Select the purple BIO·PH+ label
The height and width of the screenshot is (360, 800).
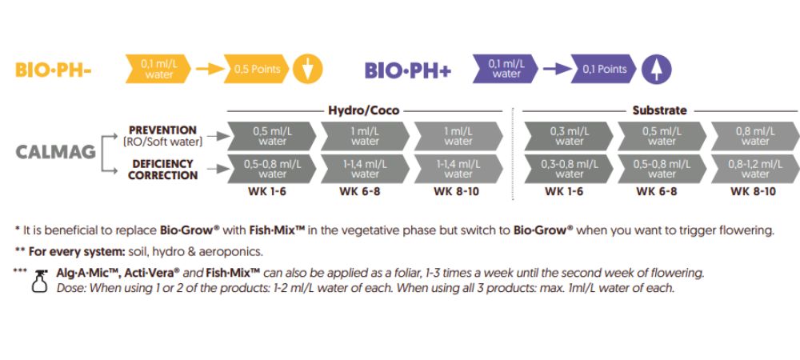click(x=408, y=70)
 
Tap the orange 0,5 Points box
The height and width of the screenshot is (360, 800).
click(x=256, y=70)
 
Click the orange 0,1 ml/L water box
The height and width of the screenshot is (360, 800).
click(x=158, y=70)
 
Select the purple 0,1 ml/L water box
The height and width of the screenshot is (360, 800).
click(x=506, y=70)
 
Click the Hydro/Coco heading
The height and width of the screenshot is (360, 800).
click(x=363, y=110)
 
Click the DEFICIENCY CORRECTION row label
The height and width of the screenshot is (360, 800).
click(x=162, y=169)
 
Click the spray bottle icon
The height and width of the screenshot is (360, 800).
click(x=36, y=280)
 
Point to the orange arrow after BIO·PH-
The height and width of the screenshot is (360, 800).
click(x=207, y=70)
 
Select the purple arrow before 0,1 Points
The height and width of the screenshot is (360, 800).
click(x=556, y=70)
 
